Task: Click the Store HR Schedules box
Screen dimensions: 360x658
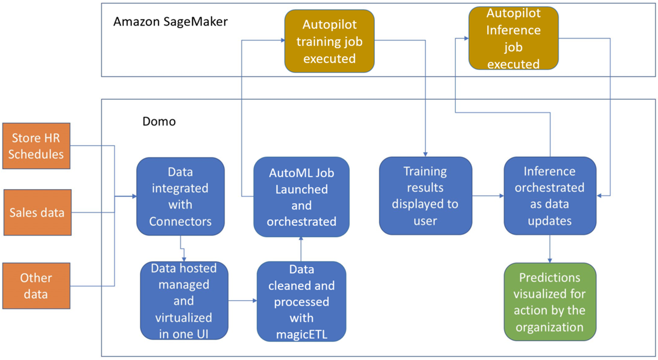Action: tap(36, 146)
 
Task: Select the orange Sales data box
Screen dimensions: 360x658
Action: tap(36, 212)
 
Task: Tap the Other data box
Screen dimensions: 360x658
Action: tap(36, 286)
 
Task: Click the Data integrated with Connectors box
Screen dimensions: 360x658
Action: tap(180, 196)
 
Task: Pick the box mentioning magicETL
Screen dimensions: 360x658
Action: tap(301, 302)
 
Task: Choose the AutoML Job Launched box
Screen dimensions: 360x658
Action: tap(301, 197)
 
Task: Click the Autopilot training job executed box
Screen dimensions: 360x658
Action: tap(329, 41)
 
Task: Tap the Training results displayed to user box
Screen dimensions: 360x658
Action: tap(425, 196)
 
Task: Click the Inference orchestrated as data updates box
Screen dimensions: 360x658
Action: tap(550, 196)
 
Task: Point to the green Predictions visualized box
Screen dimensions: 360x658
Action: tap(550, 302)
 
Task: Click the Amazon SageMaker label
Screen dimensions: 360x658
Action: tap(170, 22)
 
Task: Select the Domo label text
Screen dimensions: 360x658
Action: tap(159, 122)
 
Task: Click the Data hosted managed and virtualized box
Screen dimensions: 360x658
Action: tap(184, 302)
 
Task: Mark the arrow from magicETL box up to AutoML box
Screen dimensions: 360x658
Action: tap(301, 249)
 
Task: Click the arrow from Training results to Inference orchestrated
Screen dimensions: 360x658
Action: tap(488, 196)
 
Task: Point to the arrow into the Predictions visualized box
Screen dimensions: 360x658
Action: tap(550, 250)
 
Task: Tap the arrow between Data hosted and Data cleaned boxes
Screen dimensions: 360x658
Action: tap(243, 301)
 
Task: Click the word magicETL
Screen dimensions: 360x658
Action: tap(301, 334)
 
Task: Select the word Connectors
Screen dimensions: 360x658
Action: tap(180, 221)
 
